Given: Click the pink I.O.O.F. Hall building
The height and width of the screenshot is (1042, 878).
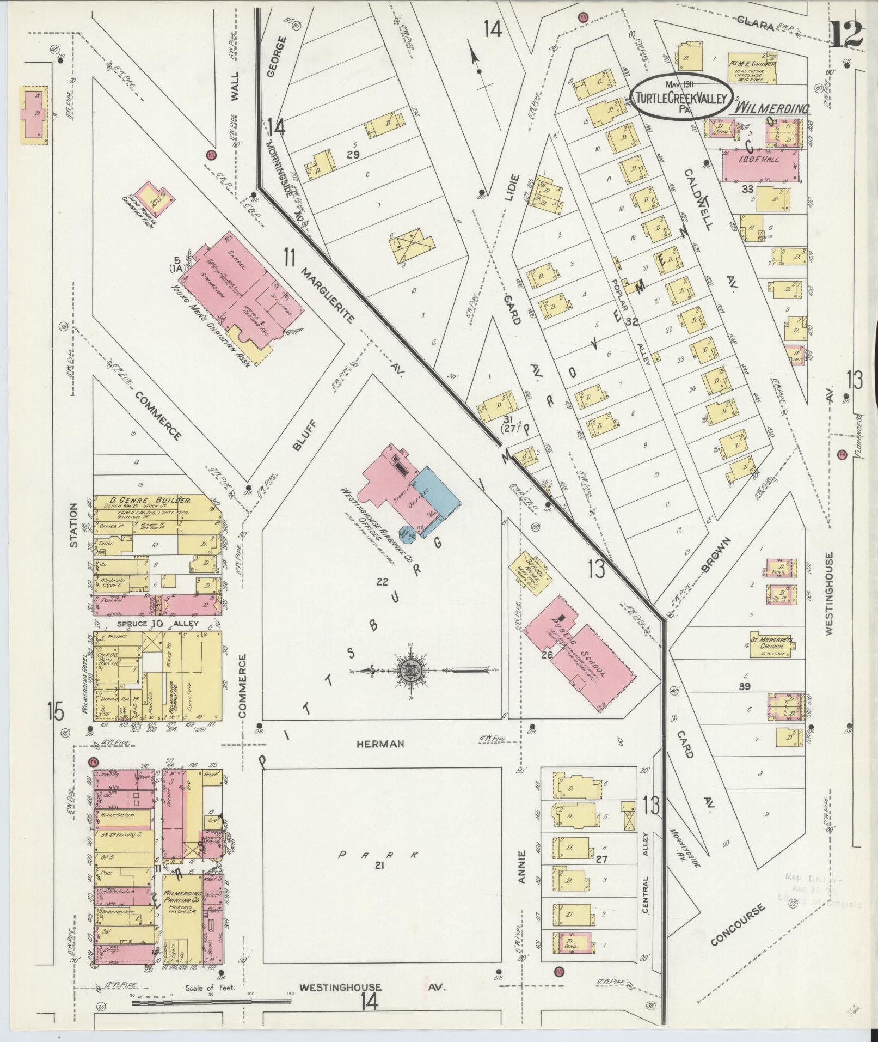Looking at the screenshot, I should pyautogui.click(x=761, y=165).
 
